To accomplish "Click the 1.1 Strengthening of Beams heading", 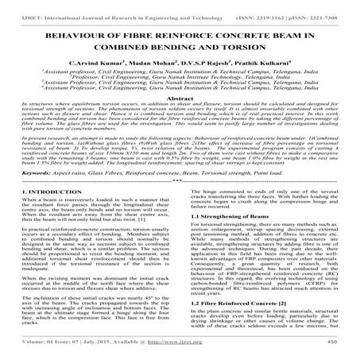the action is point(228,238).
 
